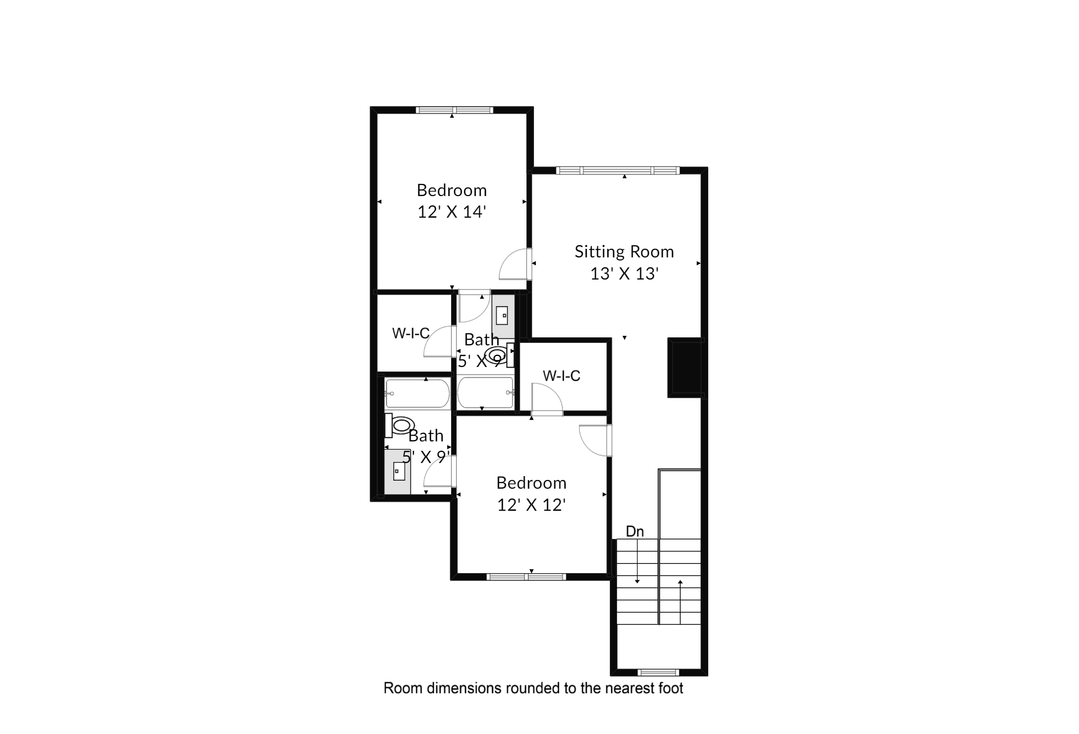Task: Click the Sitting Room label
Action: [x=624, y=251]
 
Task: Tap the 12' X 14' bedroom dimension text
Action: [x=452, y=212]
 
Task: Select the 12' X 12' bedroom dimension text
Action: [x=531, y=505]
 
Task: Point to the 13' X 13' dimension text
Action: [x=624, y=273]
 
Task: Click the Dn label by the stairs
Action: [x=635, y=531]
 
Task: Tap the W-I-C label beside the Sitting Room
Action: [x=562, y=376]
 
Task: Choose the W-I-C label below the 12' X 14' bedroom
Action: [x=411, y=333]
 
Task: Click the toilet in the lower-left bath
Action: [x=400, y=425]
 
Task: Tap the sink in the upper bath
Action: [x=502, y=316]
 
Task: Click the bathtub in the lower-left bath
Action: [x=417, y=394]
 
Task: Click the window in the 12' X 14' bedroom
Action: [x=454, y=110]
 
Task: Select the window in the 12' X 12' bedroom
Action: [x=526, y=577]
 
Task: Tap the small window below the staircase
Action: [x=659, y=673]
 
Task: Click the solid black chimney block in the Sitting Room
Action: [x=685, y=368]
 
